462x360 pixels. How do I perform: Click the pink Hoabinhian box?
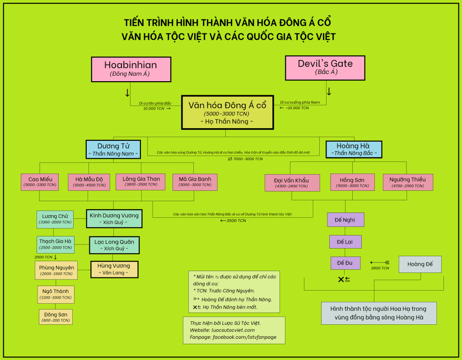pyautogui.click(x=131, y=69)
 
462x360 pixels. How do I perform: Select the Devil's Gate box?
pyautogui.click(x=325, y=68)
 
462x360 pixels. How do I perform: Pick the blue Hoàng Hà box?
pyautogui.click(x=353, y=149)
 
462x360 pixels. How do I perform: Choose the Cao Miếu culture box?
pyautogui.click(x=40, y=182)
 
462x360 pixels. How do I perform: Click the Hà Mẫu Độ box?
pyautogui.click(x=88, y=182)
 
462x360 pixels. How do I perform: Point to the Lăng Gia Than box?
pyautogui.click(x=141, y=181)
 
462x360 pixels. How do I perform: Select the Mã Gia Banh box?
pyautogui.click(x=195, y=182)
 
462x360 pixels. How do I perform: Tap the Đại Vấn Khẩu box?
pyautogui.click(x=291, y=183)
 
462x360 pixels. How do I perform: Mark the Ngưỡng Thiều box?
pyautogui.click(x=407, y=182)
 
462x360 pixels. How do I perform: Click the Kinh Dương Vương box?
pyautogui.click(x=114, y=219)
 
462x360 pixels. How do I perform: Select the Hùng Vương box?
pyautogui.click(x=114, y=269)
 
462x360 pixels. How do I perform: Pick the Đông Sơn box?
pyautogui.click(x=56, y=317)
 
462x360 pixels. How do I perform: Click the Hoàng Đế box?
pyautogui.click(x=420, y=264)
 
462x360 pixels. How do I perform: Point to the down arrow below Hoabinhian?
pyautogui.click(x=127, y=93)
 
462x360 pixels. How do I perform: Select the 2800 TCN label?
pyautogui.click(x=380, y=268)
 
